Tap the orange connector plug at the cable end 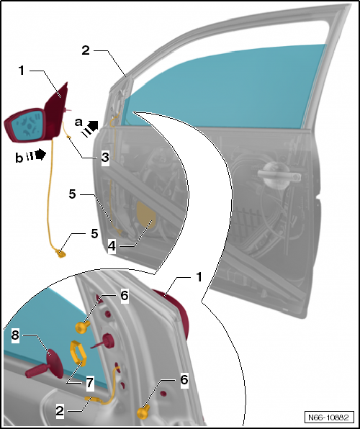60,250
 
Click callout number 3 104,157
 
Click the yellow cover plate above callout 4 146,214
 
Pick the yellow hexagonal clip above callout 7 77,354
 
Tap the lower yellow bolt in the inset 143,412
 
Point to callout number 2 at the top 86,50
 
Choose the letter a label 78,122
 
